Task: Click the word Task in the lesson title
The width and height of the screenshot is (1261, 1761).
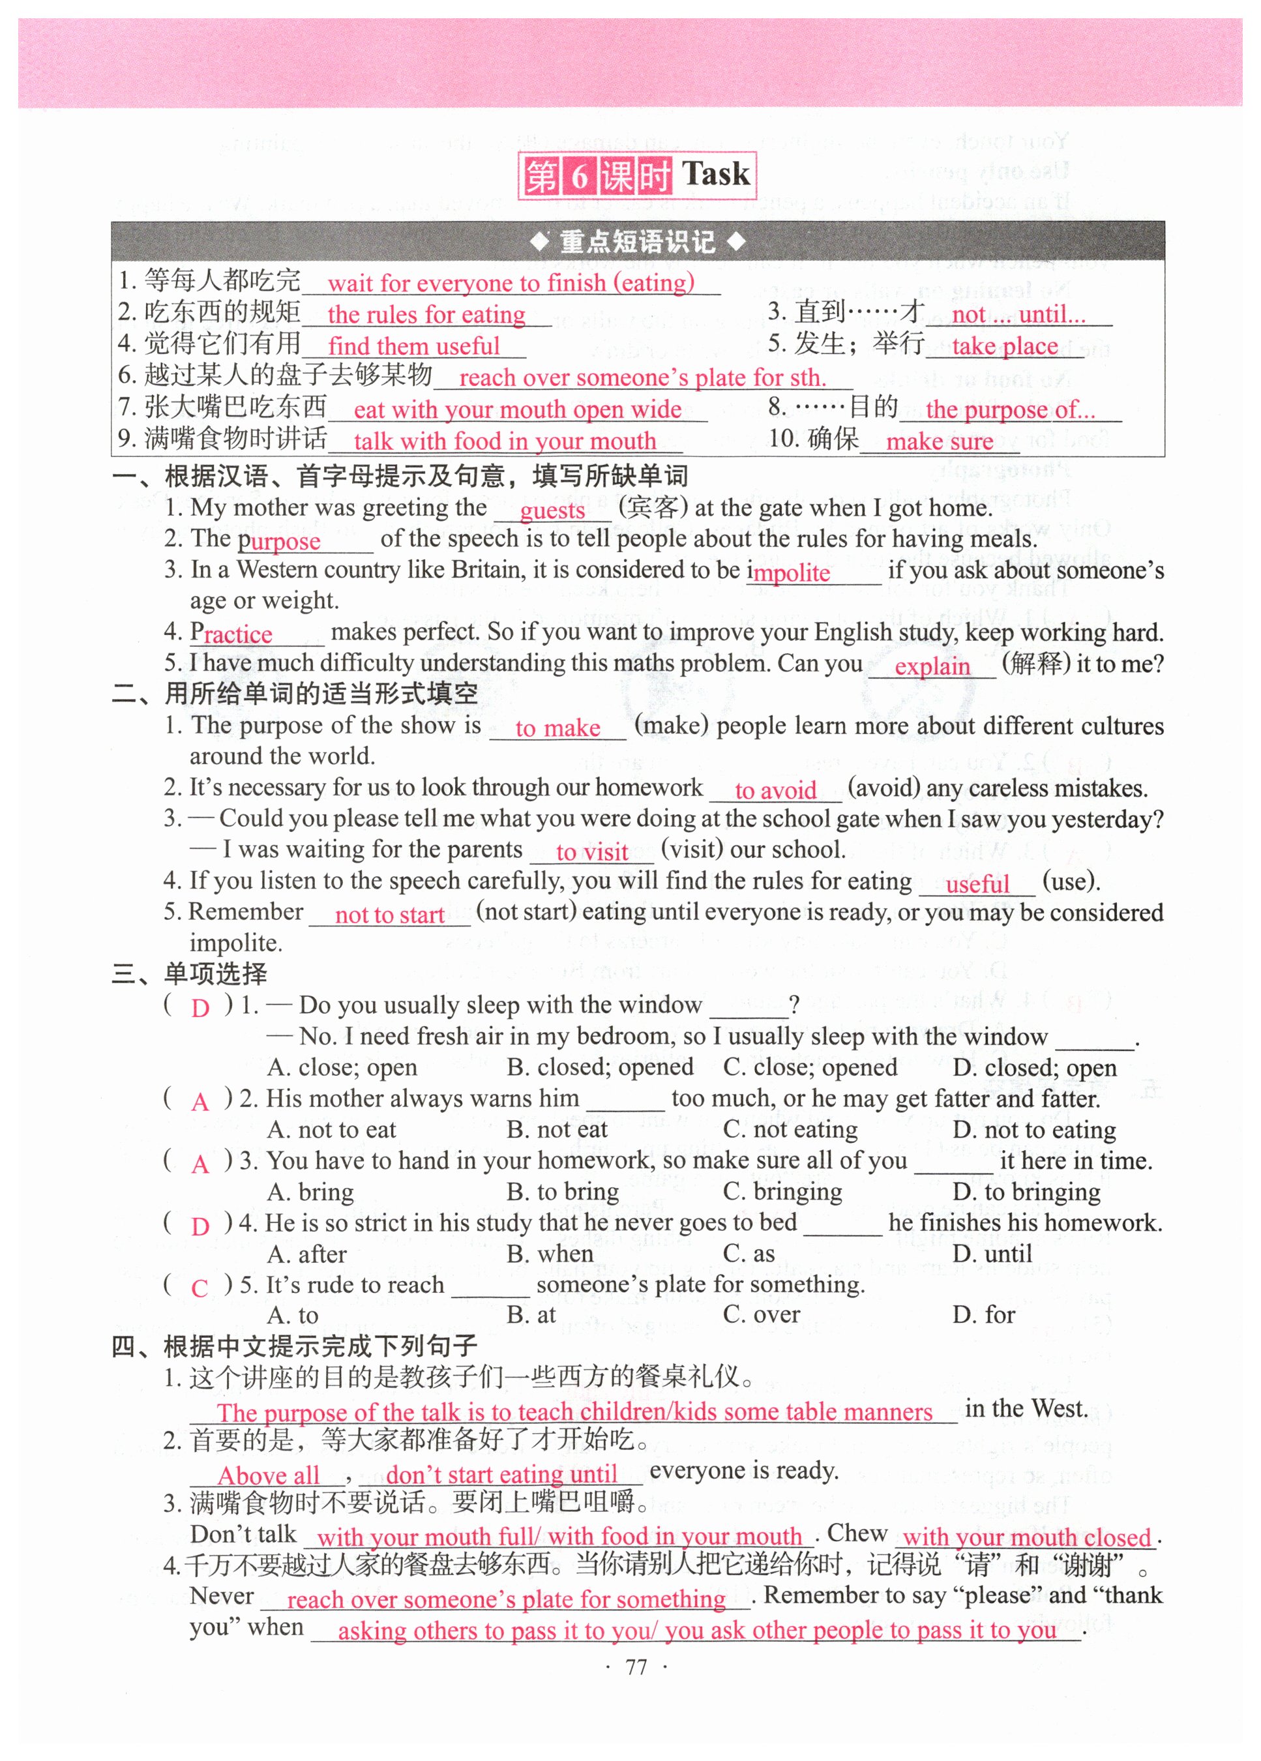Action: pyautogui.click(x=715, y=173)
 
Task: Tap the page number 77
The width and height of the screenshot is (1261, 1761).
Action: pyautogui.click(x=636, y=1667)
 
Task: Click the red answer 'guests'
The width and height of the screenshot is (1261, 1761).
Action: pyautogui.click(x=552, y=510)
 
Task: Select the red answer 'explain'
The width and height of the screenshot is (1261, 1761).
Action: pyautogui.click(x=932, y=666)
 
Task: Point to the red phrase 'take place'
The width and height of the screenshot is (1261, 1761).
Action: pyautogui.click(x=1005, y=346)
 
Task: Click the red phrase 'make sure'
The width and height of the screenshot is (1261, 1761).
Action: pyautogui.click(x=940, y=441)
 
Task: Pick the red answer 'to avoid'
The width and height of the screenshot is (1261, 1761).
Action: pyautogui.click(x=775, y=790)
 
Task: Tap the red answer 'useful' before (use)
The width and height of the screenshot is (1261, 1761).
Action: pyautogui.click(x=977, y=883)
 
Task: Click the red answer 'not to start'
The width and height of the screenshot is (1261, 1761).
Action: pyautogui.click(x=390, y=915)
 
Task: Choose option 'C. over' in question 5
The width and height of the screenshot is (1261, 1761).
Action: pyautogui.click(x=761, y=1314)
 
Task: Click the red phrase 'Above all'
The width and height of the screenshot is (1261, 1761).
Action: pyautogui.click(x=269, y=1475)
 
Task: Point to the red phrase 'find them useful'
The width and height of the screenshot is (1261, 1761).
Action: pyautogui.click(x=414, y=346)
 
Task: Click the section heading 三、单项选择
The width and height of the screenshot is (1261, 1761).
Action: pyautogui.click(x=190, y=973)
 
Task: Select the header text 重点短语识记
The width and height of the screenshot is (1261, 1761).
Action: pyautogui.click(x=638, y=241)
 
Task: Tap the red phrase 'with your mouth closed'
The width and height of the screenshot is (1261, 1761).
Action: pyautogui.click(x=1026, y=1537)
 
